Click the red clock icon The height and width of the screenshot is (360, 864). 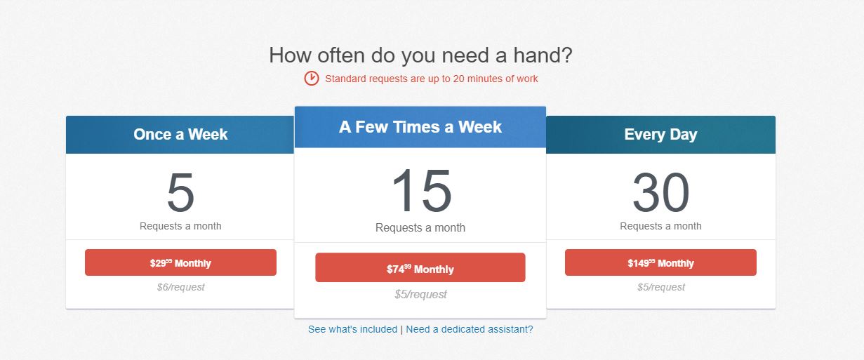point(312,79)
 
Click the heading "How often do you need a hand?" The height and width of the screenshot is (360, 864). point(420,55)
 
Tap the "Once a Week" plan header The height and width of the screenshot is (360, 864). point(180,135)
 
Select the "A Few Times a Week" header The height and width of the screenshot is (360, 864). point(420,127)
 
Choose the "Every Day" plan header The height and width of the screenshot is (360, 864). point(660,135)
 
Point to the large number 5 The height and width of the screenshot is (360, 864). point(180,193)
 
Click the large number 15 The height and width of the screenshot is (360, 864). point(420,192)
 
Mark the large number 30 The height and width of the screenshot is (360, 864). point(660,193)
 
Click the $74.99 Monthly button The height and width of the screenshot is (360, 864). point(420,268)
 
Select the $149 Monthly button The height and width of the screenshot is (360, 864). point(660,263)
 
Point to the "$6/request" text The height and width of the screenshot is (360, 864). point(180,287)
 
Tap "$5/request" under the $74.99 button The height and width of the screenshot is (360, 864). point(420,294)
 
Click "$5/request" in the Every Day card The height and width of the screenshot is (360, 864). point(660,287)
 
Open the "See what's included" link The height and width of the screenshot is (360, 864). point(352,329)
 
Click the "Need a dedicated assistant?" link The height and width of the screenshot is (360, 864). point(469,329)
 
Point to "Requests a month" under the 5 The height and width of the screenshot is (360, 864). point(180,226)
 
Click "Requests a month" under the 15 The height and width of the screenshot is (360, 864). point(420,227)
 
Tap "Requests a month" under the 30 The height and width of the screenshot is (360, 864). point(660,226)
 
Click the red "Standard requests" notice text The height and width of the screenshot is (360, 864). point(431,79)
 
